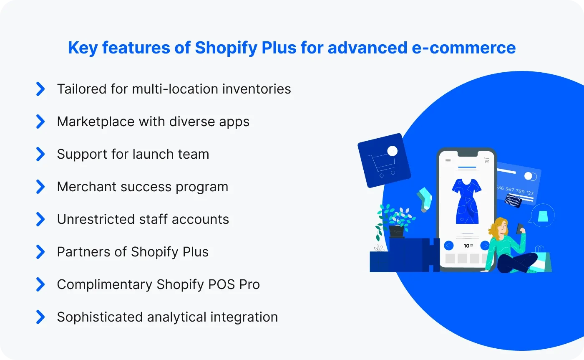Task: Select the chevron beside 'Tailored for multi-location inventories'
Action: click(x=40, y=89)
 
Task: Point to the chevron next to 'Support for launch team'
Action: click(x=40, y=154)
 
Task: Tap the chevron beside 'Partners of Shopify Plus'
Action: click(x=40, y=252)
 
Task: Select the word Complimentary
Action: click(x=104, y=284)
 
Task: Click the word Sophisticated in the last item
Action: click(x=100, y=317)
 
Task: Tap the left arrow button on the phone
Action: click(x=449, y=245)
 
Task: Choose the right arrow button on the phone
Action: click(x=485, y=245)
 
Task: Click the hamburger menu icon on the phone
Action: click(x=448, y=160)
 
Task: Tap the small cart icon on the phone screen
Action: click(x=486, y=160)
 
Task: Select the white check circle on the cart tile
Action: click(x=392, y=151)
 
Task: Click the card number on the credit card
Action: click(x=515, y=190)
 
